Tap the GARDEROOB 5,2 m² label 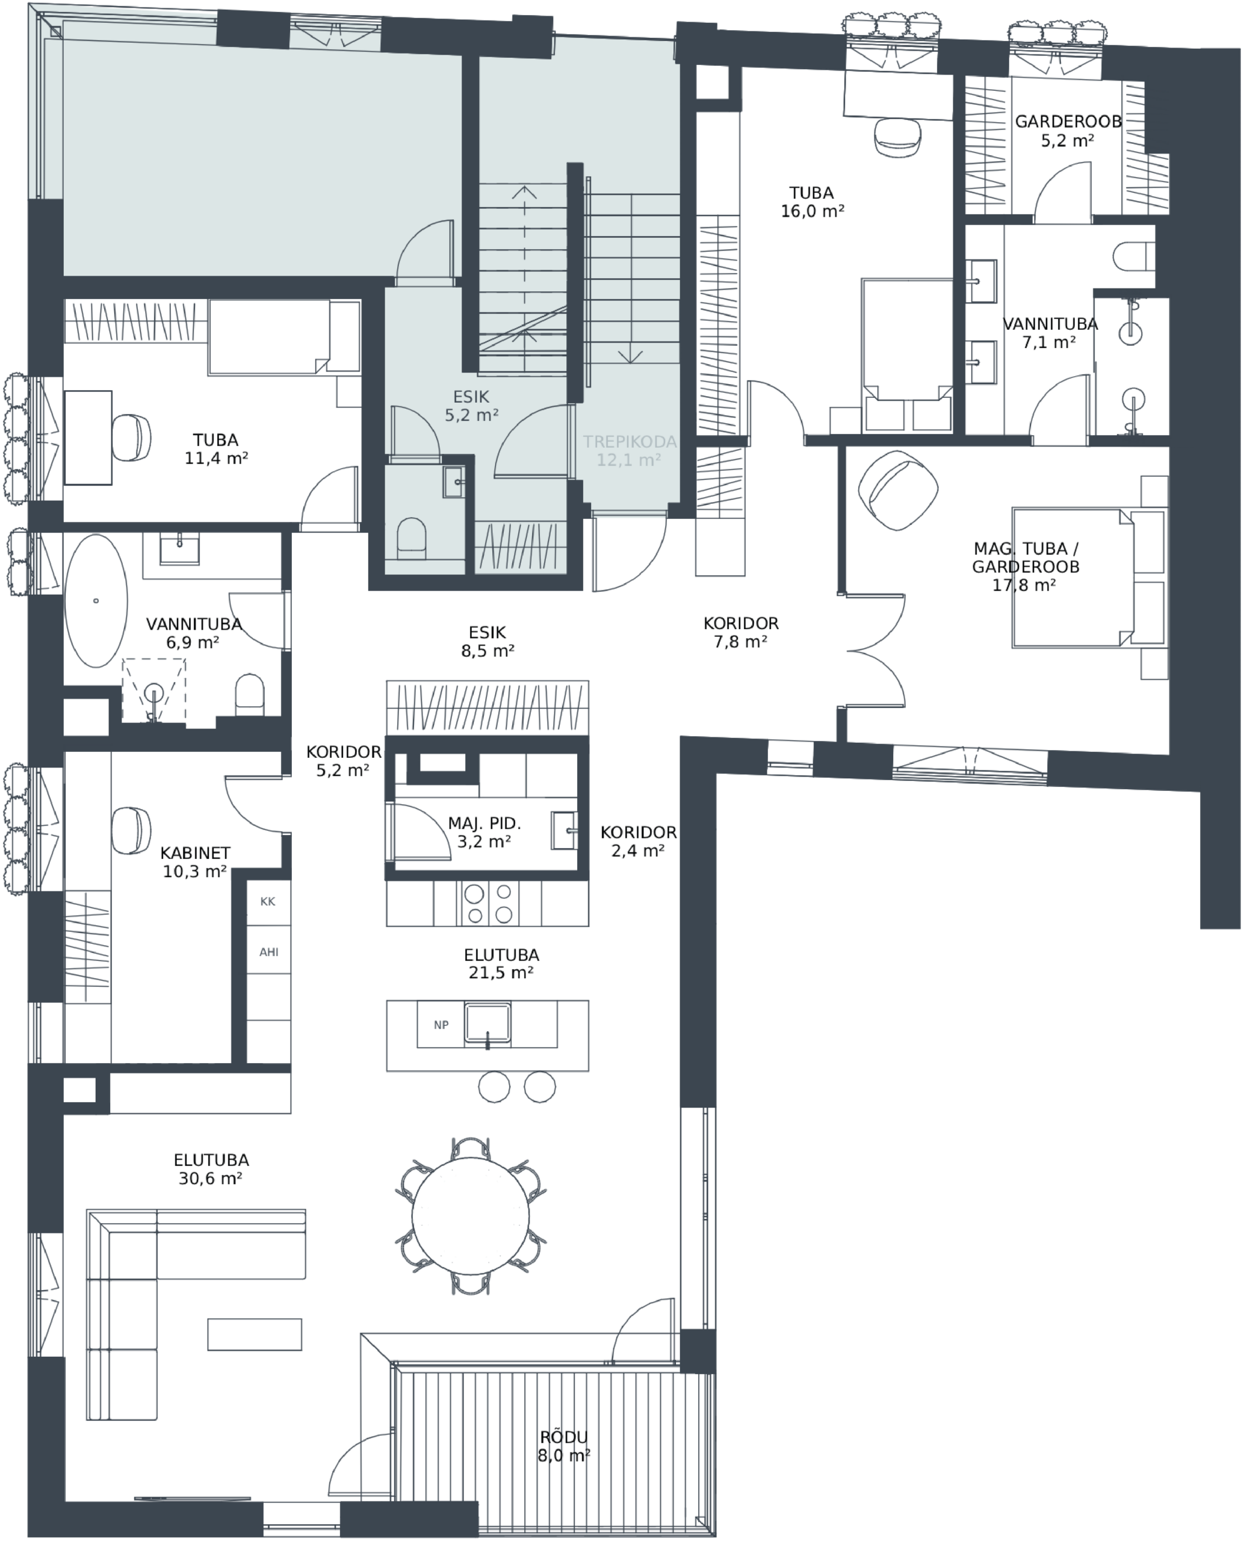pos(1068,131)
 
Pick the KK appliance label pos(268,902)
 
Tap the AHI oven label pos(269,952)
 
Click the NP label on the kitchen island pos(441,1025)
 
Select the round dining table pos(471,1215)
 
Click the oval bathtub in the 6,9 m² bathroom pos(96,600)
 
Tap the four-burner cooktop pos(487,903)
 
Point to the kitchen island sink pos(487,1023)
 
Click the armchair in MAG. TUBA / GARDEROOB pos(899,492)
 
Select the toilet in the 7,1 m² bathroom pos(1134,256)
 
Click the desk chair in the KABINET pos(132,831)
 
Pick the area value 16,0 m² pos(812,211)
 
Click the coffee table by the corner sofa pos(255,1334)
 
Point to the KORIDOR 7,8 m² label pos(741,632)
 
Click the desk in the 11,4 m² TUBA pos(88,438)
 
